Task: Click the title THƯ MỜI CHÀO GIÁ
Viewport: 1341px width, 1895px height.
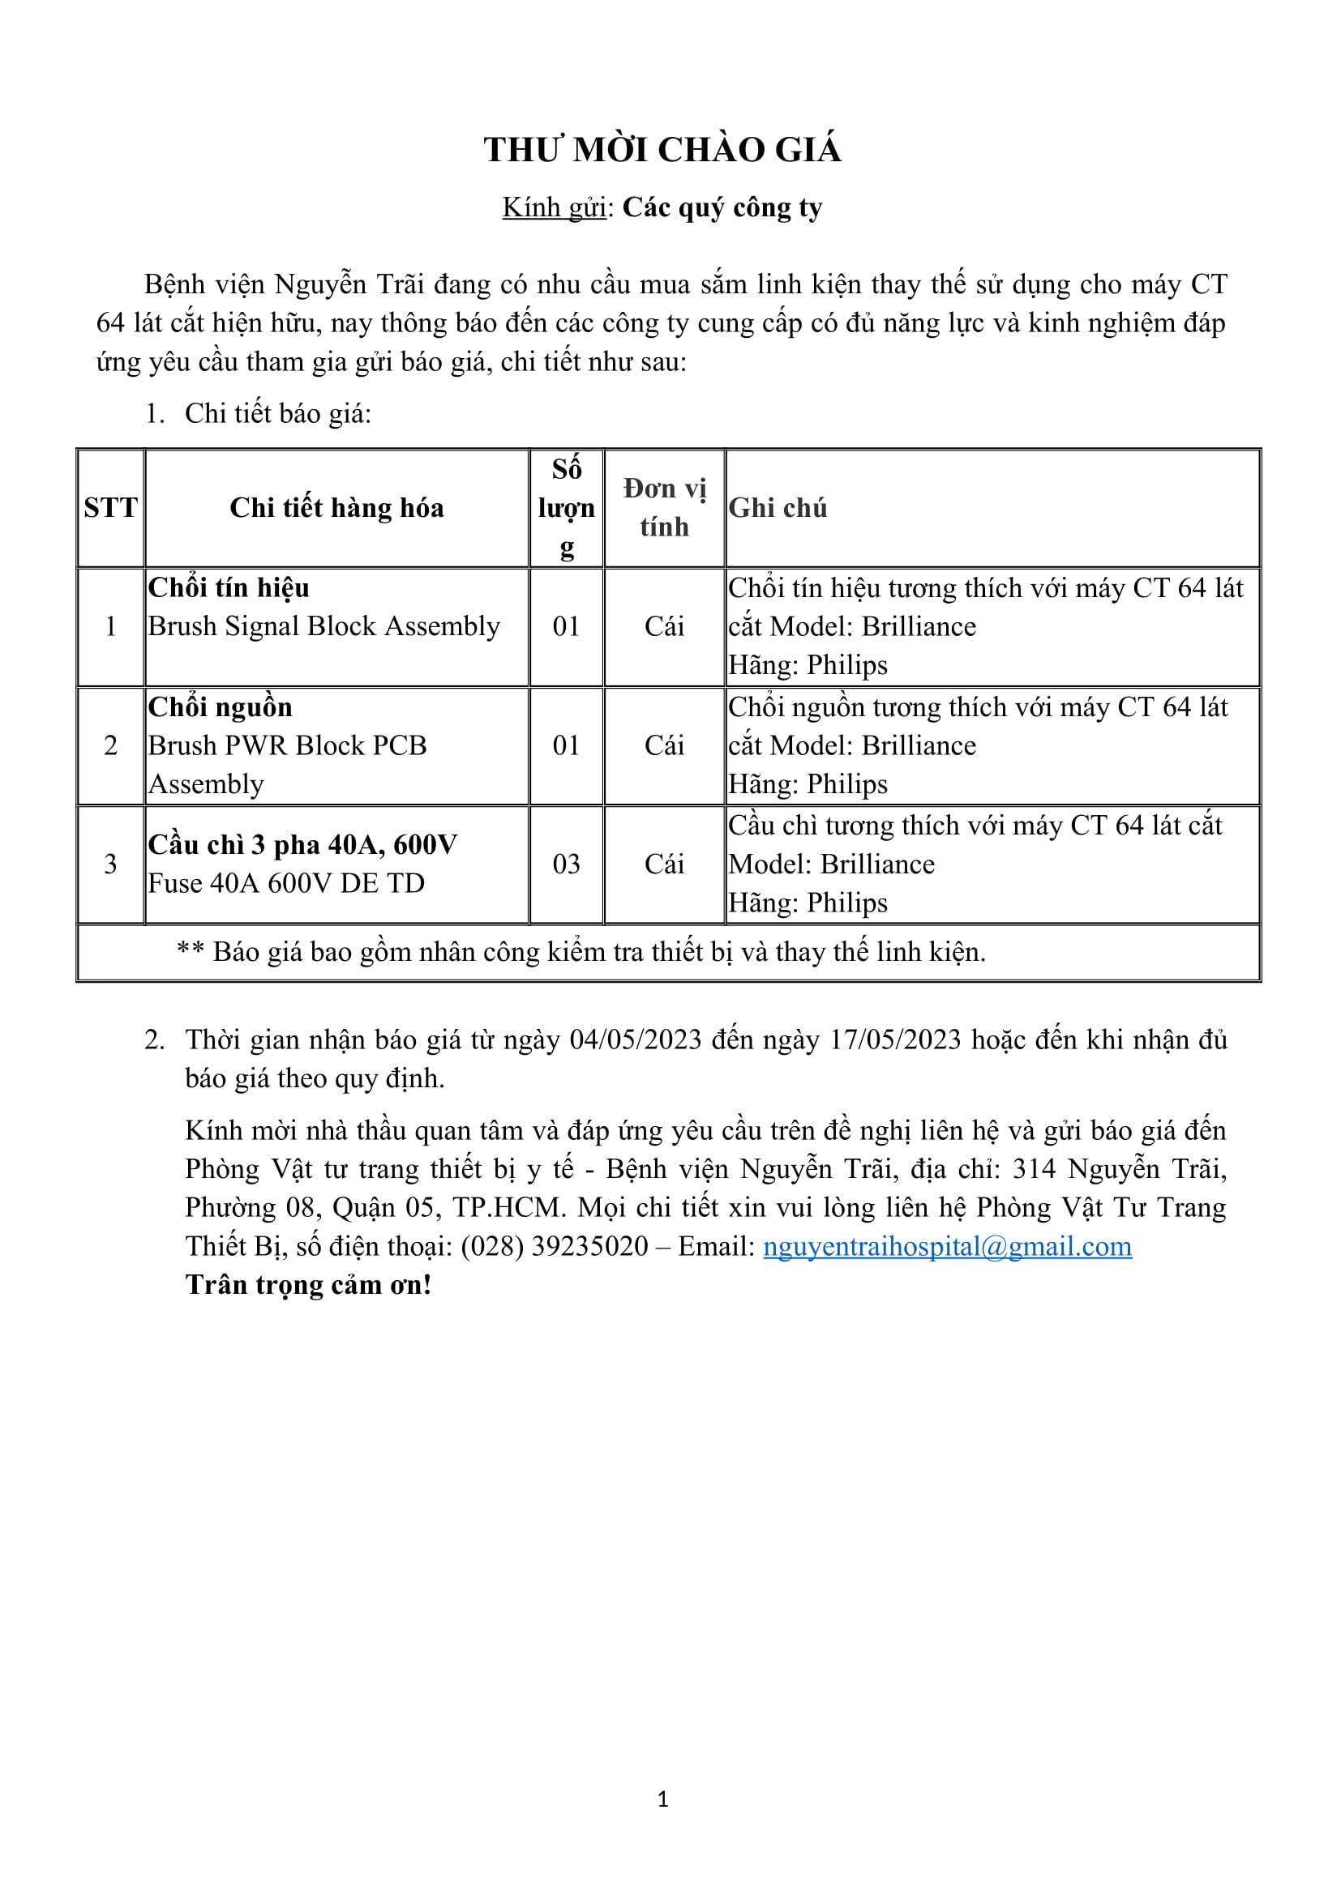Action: (662, 150)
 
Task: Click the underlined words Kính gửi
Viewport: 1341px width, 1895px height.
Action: (554, 208)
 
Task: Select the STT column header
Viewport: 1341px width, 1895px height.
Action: (110, 508)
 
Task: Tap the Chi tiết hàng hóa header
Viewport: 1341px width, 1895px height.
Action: (336, 508)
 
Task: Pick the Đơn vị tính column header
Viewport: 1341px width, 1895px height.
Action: (664, 508)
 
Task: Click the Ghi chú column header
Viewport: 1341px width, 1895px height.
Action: (777, 508)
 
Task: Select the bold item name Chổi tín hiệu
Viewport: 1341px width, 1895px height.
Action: (229, 587)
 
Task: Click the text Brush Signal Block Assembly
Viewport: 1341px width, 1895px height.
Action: (323, 626)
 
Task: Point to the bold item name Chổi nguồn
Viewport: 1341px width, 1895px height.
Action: (221, 707)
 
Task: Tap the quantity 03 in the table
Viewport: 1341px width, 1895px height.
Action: (566, 864)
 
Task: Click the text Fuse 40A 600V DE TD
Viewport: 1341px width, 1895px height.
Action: (285, 884)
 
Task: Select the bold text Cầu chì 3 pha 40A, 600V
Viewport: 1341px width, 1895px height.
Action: (302, 845)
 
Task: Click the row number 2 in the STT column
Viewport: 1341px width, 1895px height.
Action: (110, 745)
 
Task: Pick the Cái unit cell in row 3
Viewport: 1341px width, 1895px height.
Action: (664, 864)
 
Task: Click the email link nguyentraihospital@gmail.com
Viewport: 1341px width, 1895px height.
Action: (947, 1246)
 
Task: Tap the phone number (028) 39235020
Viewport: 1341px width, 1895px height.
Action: (554, 1246)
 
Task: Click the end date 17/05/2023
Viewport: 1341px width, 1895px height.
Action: (895, 1040)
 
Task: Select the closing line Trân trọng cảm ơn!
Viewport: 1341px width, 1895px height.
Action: (308, 1285)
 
